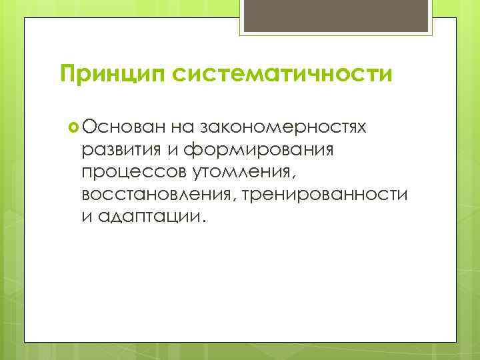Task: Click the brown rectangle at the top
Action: coord(338,16)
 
